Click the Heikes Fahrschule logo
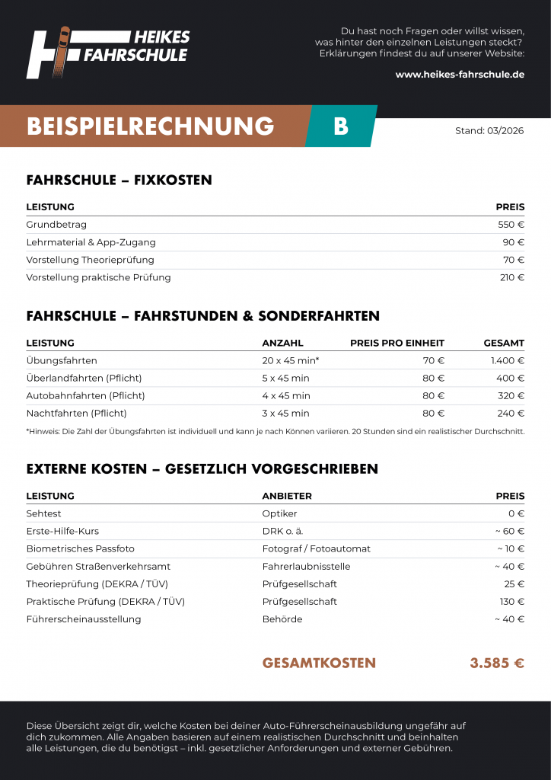[107, 52]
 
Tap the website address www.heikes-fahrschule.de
[460, 74]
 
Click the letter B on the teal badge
[341, 126]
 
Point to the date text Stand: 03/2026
[489, 130]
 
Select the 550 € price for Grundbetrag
[511, 225]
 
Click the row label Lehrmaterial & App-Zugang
[91, 242]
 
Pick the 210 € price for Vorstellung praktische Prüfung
[511, 277]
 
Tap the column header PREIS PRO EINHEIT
[397, 343]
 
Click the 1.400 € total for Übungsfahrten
[507, 360]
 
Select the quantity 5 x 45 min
[285, 378]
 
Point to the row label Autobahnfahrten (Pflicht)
[85, 395]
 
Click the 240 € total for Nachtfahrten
[511, 414]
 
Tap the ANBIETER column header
[287, 496]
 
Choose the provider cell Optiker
[279, 513]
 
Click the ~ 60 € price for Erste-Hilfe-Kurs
[509, 531]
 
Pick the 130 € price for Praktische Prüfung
[511, 601]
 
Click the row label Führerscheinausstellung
[84, 619]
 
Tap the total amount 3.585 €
[496, 663]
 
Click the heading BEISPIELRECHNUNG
[150, 126]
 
